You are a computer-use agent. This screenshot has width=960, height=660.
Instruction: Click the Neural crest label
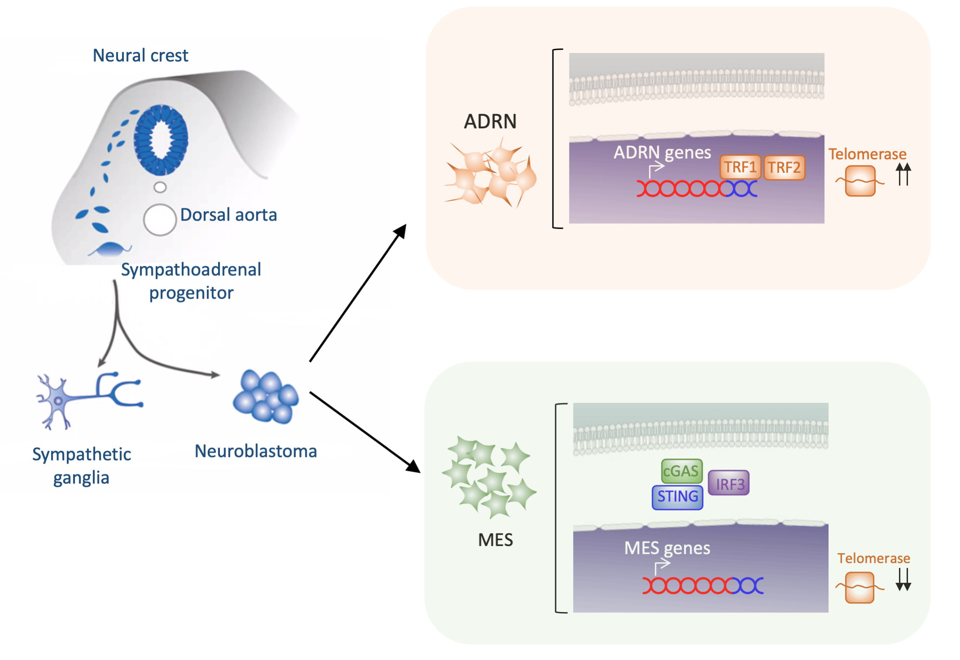click(140, 56)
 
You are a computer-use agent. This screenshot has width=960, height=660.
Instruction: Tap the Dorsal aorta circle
click(160, 220)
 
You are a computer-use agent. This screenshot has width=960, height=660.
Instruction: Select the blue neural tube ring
click(161, 140)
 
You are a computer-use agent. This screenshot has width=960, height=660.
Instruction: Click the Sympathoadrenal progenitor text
click(191, 281)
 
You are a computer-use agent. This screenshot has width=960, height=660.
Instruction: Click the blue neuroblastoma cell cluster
click(266, 396)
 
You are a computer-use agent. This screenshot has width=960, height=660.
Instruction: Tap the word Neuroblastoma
click(255, 451)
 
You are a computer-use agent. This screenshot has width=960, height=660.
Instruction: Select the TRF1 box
click(740, 167)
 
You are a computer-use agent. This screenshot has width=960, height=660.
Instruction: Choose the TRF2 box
click(784, 167)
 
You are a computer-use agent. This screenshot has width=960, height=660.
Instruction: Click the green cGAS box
click(681, 471)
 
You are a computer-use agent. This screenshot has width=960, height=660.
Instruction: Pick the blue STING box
click(677, 497)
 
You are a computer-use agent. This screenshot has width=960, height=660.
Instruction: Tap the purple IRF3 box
click(729, 484)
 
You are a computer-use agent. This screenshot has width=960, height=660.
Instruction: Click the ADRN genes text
click(662, 153)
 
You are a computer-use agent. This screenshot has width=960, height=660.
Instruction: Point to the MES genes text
click(667, 548)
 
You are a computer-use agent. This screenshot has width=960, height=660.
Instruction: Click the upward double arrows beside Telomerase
click(903, 174)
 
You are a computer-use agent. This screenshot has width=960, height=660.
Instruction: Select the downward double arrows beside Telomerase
click(903, 579)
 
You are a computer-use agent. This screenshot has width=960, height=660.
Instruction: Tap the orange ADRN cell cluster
click(491, 175)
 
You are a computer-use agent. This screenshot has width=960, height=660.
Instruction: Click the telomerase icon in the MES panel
click(859, 587)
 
